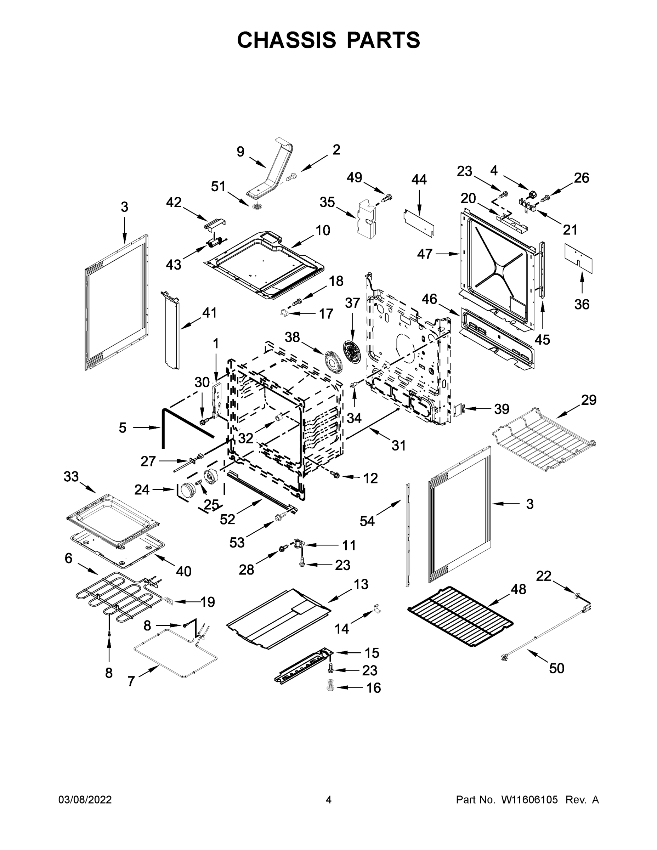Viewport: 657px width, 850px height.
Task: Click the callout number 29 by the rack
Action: pyautogui.click(x=589, y=400)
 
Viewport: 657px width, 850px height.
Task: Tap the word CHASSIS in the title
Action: pyautogui.click(x=287, y=40)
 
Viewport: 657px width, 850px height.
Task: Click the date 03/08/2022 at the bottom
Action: pyautogui.click(x=85, y=800)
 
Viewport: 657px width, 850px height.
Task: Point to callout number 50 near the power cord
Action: pyautogui.click(x=556, y=668)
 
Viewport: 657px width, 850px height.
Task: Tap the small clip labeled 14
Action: pyautogui.click(x=376, y=608)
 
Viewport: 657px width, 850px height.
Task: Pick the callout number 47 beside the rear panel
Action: pyautogui.click(x=425, y=254)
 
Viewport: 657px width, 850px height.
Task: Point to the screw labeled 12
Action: pyautogui.click(x=334, y=475)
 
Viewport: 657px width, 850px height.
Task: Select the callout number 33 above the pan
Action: pyautogui.click(x=71, y=476)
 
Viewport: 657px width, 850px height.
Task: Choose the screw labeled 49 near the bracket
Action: pyautogui.click(x=387, y=198)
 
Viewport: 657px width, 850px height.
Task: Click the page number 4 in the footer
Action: pyautogui.click(x=329, y=800)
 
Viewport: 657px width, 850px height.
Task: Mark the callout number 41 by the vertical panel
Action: pyautogui.click(x=209, y=312)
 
